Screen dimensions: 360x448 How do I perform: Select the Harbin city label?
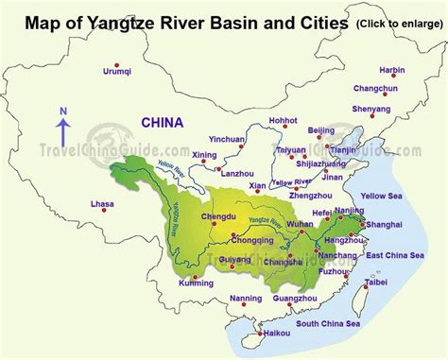point(391,70)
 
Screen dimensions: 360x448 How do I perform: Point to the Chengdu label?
point(218,215)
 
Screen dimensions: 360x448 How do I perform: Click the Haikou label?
point(275,332)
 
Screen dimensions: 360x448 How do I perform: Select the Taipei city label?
point(375,282)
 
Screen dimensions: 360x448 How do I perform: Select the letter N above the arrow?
point(63,111)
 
